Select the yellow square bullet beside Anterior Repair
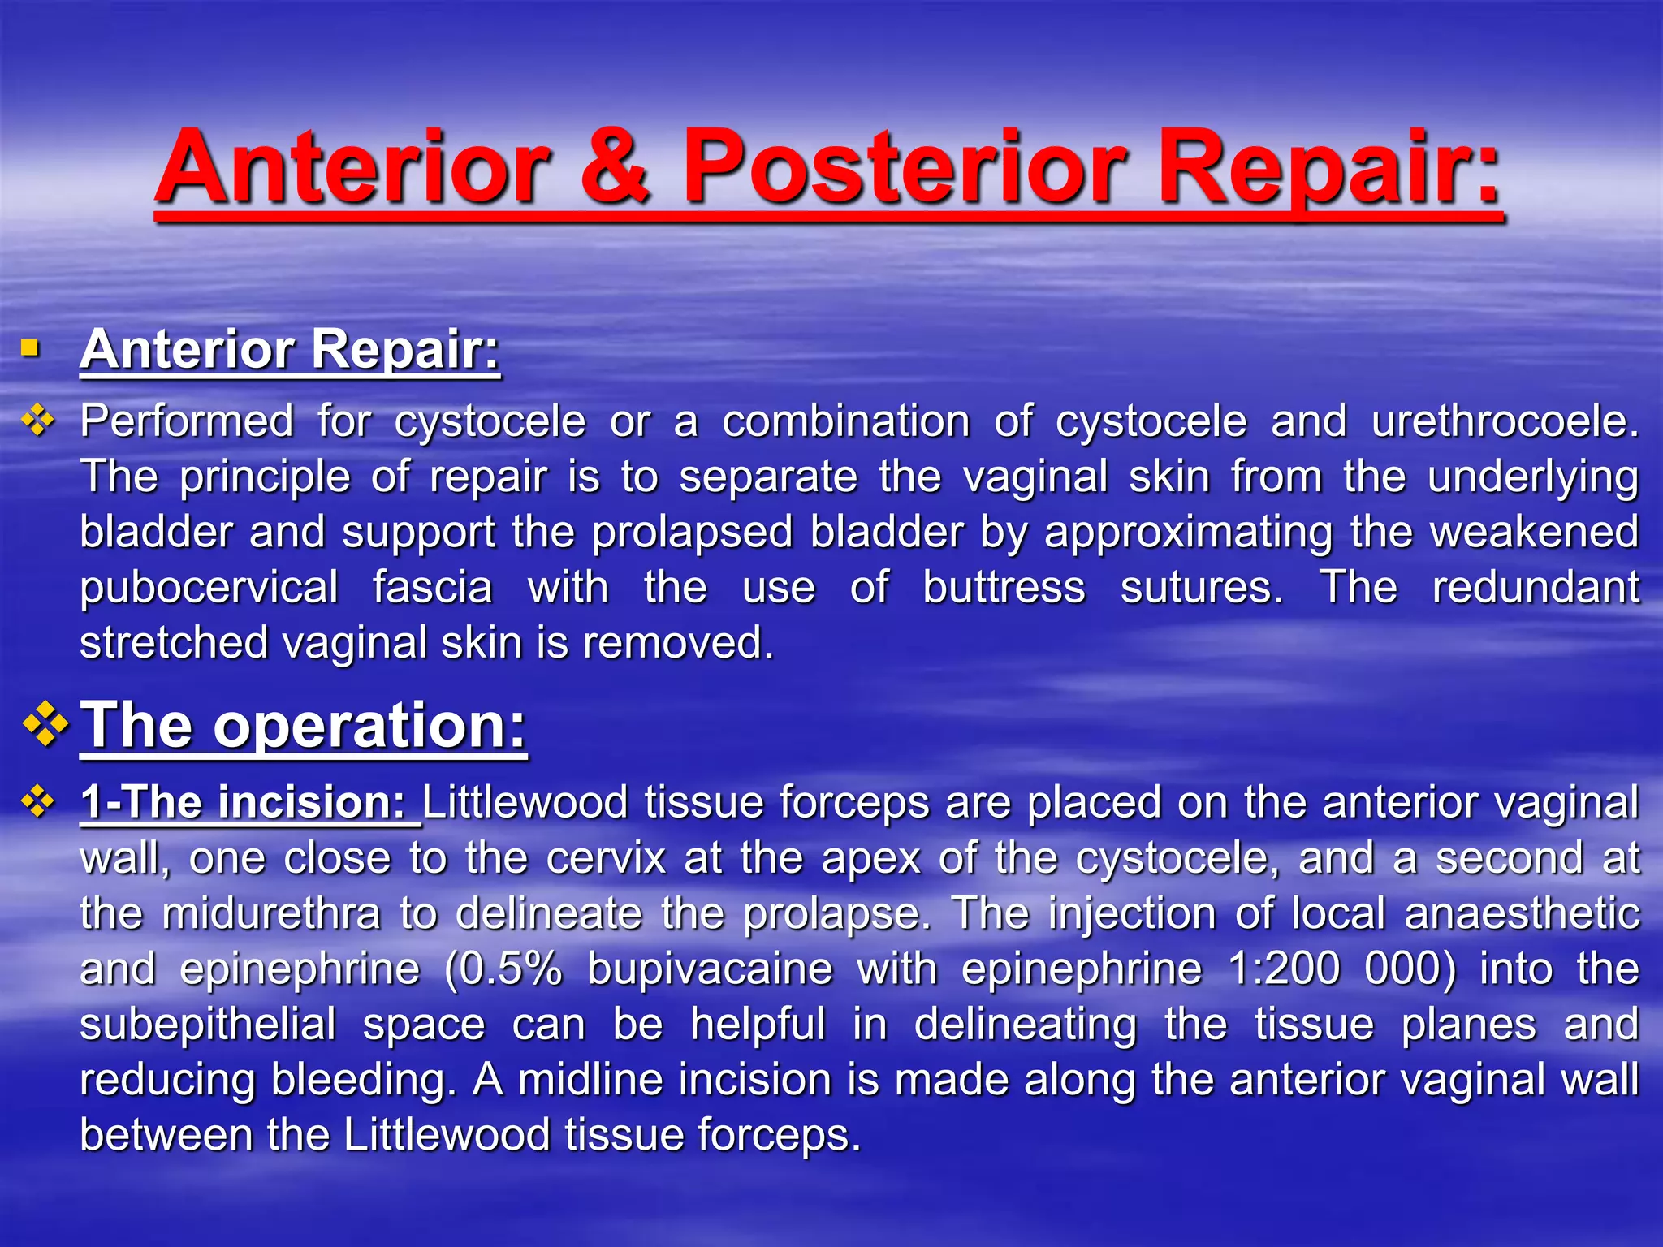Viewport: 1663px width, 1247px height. click(31, 349)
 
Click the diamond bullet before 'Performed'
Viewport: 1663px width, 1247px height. click(38, 421)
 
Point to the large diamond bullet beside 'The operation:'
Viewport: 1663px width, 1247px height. click(46, 723)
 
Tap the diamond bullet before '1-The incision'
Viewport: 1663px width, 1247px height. click(38, 802)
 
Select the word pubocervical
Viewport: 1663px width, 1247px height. click(209, 588)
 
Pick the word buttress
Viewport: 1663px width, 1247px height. click(1004, 587)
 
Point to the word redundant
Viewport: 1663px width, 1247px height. click(1536, 587)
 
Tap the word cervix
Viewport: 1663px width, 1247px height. click(606, 858)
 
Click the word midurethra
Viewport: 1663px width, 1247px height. click(271, 913)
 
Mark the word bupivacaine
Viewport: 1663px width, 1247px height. click(710, 969)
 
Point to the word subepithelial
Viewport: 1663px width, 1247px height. click(208, 1025)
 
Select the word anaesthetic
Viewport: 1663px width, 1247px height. click(1522, 913)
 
